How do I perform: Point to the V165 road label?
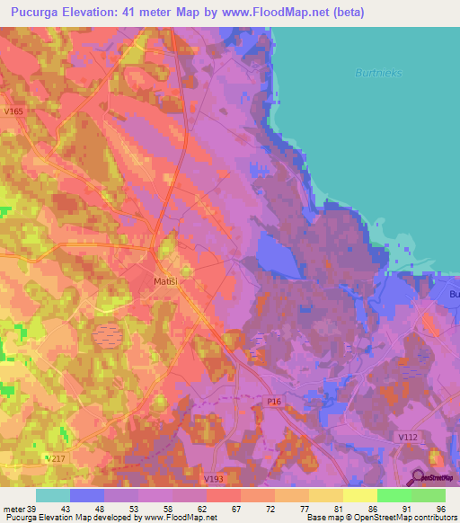pos(13,111)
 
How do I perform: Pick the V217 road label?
pos(56,458)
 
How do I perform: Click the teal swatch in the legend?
pos(53,495)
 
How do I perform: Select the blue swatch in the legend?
pos(87,495)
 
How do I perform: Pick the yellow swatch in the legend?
pos(360,495)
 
